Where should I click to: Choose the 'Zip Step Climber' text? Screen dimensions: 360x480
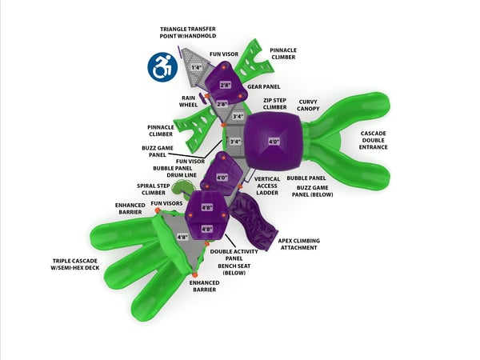[275, 104]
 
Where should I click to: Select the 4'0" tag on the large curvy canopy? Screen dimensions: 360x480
[274, 142]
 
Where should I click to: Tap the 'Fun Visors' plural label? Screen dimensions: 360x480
[166, 204]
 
